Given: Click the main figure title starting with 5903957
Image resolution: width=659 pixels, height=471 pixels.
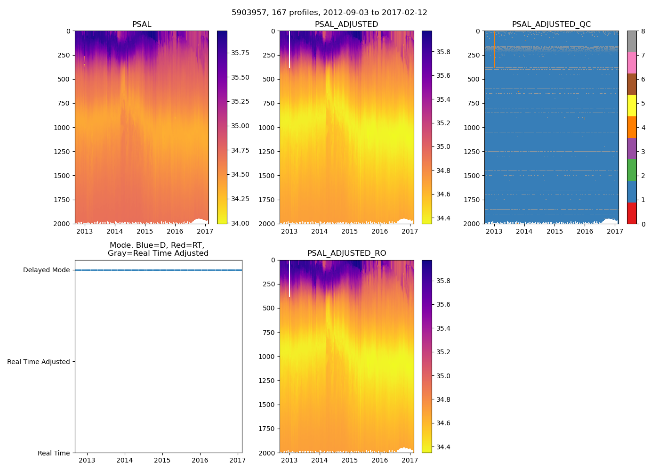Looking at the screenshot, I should click(x=329, y=13).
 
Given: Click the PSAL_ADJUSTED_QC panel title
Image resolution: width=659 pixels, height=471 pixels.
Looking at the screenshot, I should click(x=551, y=24).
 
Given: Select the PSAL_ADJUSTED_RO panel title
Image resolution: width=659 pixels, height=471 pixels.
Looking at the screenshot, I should click(x=346, y=253).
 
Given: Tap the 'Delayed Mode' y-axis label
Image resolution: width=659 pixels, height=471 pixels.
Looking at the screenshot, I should click(x=46, y=270).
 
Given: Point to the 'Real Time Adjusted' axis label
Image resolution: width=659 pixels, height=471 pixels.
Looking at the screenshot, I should click(x=39, y=362).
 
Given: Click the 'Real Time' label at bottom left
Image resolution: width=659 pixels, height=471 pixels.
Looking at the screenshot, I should click(x=54, y=453).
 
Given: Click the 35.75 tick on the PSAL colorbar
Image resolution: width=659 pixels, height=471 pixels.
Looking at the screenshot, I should click(x=240, y=53).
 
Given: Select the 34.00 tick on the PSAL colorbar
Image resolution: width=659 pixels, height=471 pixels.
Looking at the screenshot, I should click(x=240, y=223).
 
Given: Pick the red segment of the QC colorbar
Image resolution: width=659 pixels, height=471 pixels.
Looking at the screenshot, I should click(x=632, y=213).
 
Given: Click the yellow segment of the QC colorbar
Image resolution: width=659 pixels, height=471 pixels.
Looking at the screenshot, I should click(x=632, y=106).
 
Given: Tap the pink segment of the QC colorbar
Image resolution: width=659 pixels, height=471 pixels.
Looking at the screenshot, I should click(x=632, y=63).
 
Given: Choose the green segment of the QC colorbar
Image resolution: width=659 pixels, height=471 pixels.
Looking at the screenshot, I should click(x=632, y=170).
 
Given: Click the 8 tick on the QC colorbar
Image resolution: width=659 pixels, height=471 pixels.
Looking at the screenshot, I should click(x=643, y=32).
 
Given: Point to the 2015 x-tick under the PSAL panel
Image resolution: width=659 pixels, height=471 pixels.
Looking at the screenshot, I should click(x=145, y=231).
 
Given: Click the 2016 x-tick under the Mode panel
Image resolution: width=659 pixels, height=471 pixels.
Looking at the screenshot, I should click(x=200, y=460).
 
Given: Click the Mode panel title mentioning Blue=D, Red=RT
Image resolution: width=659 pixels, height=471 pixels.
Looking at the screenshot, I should click(x=158, y=249).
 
